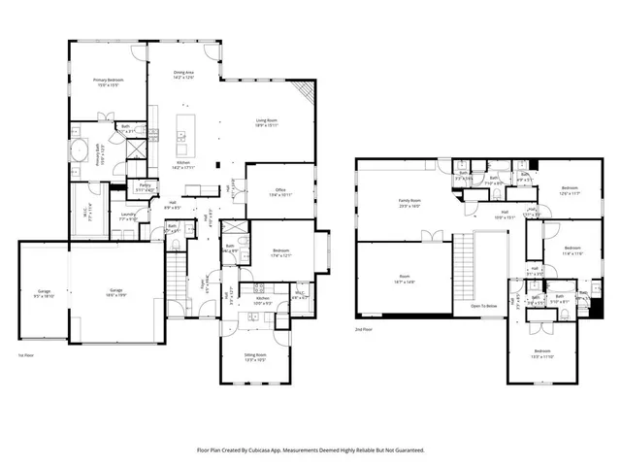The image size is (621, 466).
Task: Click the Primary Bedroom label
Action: click(107, 82)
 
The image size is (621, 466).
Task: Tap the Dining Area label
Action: click(184, 74)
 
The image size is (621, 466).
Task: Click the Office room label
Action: click(282, 192)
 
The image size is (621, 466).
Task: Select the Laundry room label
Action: click(127, 217)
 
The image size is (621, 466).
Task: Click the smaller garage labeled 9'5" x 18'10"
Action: click(44, 293)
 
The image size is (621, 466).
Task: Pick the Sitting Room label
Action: click(254, 357)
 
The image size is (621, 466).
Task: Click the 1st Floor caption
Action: click(26, 356)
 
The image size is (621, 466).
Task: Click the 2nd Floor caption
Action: click(365, 330)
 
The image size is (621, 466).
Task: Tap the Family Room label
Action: click(409, 202)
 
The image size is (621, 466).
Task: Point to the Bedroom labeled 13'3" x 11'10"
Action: click(542, 353)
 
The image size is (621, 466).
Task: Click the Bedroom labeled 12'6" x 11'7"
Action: click(570, 190)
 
